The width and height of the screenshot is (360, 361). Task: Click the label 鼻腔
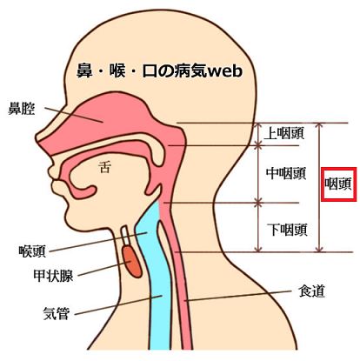pyautogui.click(x=22, y=109)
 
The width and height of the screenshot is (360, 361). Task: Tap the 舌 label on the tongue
pyautogui.click(x=104, y=167)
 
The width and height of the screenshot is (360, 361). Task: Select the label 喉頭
pyautogui.click(x=32, y=251)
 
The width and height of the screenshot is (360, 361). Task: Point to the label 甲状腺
pyautogui.click(x=53, y=276)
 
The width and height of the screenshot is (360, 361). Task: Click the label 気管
pyautogui.click(x=57, y=313)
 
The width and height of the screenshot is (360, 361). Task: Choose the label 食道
pyautogui.click(x=311, y=291)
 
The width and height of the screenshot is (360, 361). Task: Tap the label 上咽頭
pyautogui.click(x=284, y=134)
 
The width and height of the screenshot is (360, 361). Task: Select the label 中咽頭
pyautogui.click(x=286, y=173)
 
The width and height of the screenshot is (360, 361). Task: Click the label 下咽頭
pyautogui.click(x=287, y=230)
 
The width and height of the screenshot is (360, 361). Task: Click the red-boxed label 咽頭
pyautogui.click(x=338, y=184)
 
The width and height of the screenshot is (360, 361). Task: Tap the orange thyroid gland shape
pyautogui.click(x=132, y=262)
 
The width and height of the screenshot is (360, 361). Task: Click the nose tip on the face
pyautogui.click(x=37, y=137)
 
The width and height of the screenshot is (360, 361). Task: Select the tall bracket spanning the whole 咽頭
pyautogui.click(x=319, y=187)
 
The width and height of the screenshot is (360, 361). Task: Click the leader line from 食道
pyautogui.click(x=237, y=296)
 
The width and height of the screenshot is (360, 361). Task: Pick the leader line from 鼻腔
pyautogui.click(x=74, y=115)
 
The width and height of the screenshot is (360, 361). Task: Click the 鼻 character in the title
pyautogui.click(x=84, y=70)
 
